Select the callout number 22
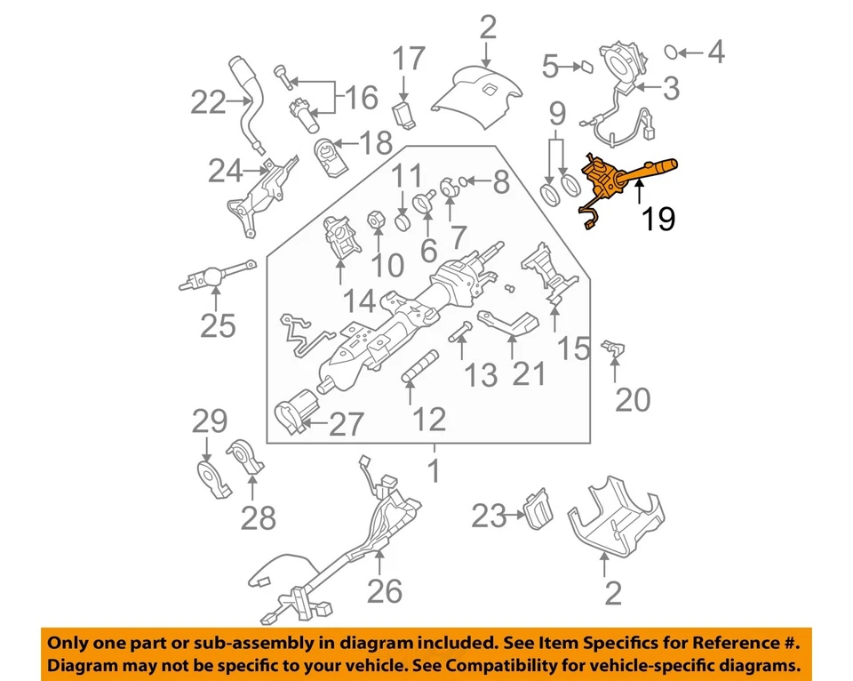tap(209, 103)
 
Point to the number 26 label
tap(385, 589)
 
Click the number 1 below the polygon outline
tap(434, 470)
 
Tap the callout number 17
tap(409, 60)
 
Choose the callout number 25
tap(218, 325)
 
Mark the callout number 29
tap(210, 421)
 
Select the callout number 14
tap(360, 300)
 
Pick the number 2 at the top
tap(487, 27)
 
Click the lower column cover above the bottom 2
tap(616, 516)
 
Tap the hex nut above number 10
tap(375, 218)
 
